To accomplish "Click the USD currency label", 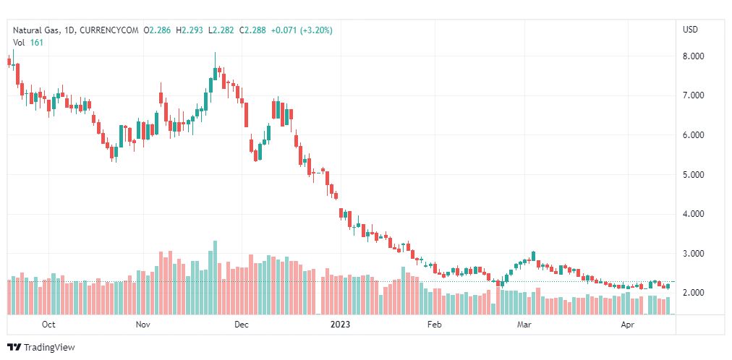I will (690, 30).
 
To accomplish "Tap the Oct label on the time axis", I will (48, 325).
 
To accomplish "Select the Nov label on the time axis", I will (142, 325).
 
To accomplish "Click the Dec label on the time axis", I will (241, 325).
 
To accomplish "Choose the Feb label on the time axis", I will (433, 325).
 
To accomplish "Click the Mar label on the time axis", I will (524, 325).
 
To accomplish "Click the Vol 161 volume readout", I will (27, 43).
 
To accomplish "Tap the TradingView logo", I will (41, 348).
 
